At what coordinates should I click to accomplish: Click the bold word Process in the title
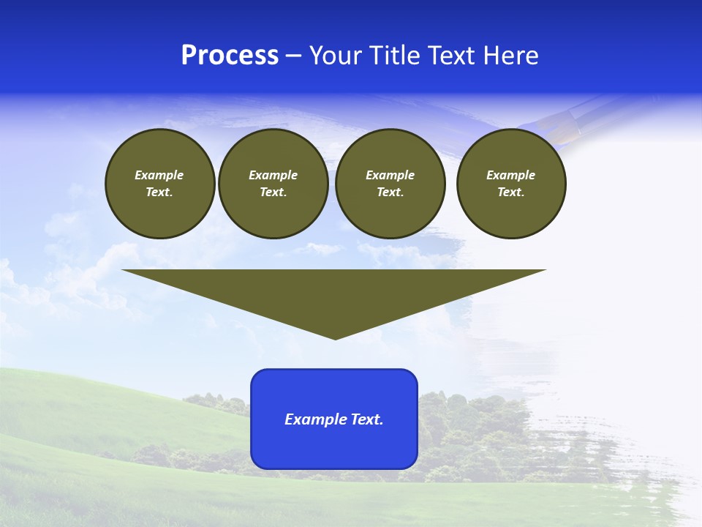230,56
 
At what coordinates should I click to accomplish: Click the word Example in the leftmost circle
159,175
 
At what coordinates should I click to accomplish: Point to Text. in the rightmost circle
510,192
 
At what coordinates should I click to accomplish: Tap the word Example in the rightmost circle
510,175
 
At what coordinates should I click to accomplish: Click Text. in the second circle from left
273,192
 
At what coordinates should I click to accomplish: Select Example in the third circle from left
390,175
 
